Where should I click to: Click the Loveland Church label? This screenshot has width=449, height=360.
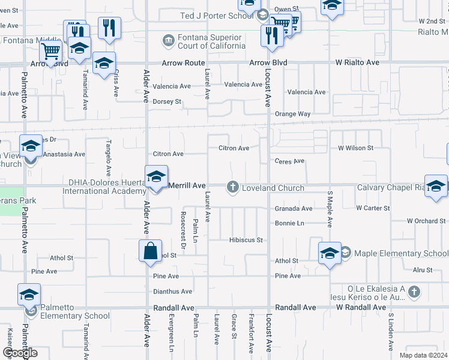point(273,188)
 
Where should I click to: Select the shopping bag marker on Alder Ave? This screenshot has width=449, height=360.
point(150,251)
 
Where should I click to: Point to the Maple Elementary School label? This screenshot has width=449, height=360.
point(401,253)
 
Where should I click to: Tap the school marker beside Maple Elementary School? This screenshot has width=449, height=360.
point(330,254)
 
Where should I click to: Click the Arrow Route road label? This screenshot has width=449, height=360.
point(183,63)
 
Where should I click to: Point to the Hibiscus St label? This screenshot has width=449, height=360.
point(246,240)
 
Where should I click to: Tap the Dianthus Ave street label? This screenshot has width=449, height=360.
point(172,292)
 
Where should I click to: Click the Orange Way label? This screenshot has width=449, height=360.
point(292,114)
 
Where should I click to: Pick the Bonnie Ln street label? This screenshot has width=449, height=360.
point(290,223)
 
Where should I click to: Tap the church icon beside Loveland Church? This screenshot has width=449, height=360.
point(232,188)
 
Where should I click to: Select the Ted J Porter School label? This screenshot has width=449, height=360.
point(217,16)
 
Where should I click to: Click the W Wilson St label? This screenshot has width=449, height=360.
point(355,148)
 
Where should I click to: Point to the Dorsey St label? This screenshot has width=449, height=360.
point(167,102)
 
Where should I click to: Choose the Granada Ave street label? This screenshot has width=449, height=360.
point(294,209)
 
